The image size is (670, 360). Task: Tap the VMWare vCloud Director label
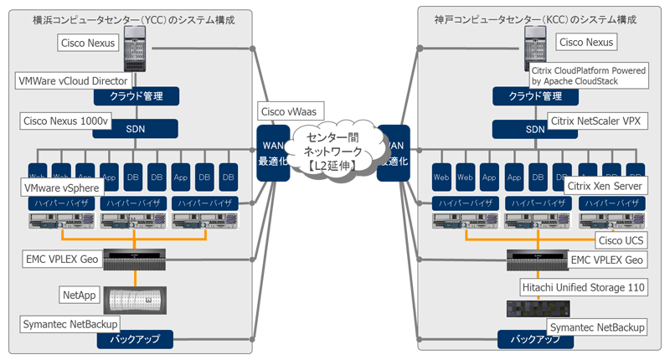(73, 81)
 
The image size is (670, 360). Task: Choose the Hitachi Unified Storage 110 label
(584, 287)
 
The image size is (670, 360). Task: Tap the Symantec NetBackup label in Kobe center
(597, 326)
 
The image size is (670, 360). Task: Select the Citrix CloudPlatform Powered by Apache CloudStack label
(588, 76)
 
